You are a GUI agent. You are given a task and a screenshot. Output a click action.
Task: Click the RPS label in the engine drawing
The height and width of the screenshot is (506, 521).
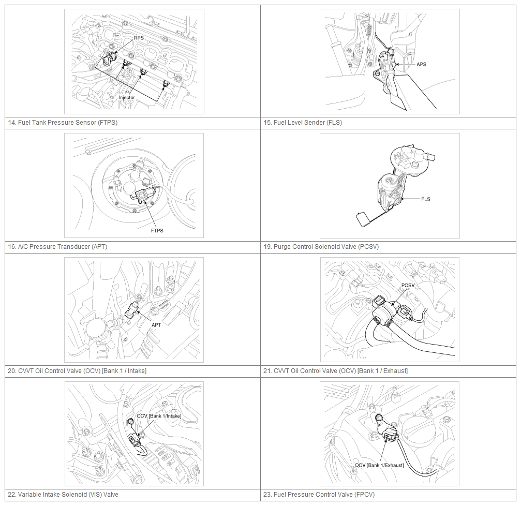click(x=139, y=38)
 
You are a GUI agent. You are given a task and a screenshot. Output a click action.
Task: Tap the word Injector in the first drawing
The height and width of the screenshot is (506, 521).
click(x=127, y=97)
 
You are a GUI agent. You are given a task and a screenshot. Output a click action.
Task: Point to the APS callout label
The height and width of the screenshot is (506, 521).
click(x=421, y=64)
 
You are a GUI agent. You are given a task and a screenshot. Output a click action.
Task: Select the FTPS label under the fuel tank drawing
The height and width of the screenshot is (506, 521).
click(x=157, y=231)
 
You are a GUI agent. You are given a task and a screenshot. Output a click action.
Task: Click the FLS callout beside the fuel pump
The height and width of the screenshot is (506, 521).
click(x=426, y=199)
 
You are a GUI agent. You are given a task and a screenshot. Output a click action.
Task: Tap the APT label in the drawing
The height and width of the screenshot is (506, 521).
click(x=156, y=325)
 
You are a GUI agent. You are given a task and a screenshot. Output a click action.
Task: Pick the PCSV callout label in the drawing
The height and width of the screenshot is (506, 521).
click(x=408, y=286)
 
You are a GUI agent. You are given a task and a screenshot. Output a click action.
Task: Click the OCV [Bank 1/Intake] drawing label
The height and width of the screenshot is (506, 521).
click(x=159, y=416)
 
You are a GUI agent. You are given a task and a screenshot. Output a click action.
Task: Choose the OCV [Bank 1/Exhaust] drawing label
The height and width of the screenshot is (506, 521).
click(x=379, y=465)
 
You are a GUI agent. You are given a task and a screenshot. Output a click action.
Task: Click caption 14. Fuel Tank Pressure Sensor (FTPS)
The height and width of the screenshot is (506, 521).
click(x=63, y=123)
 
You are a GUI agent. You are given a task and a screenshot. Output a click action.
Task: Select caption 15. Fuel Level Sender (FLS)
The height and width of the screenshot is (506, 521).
click(x=303, y=123)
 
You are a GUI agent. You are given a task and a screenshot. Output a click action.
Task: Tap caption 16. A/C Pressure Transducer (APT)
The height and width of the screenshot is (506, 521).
click(x=57, y=247)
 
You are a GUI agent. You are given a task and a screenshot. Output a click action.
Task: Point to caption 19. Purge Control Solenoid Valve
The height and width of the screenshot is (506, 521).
click(x=321, y=247)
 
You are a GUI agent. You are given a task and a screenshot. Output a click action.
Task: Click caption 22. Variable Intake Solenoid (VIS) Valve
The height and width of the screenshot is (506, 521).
click(x=63, y=495)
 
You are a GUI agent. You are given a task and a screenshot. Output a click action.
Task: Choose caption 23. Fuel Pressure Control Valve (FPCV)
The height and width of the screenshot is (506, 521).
click(x=319, y=495)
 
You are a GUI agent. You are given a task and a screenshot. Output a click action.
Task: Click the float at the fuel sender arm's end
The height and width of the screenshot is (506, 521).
click(x=362, y=219)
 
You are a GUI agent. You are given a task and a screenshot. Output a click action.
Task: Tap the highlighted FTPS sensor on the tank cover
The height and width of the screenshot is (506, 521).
click(x=145, y=195)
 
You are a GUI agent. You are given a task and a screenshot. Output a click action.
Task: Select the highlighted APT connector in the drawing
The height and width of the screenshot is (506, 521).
click(x=132, y=310)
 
